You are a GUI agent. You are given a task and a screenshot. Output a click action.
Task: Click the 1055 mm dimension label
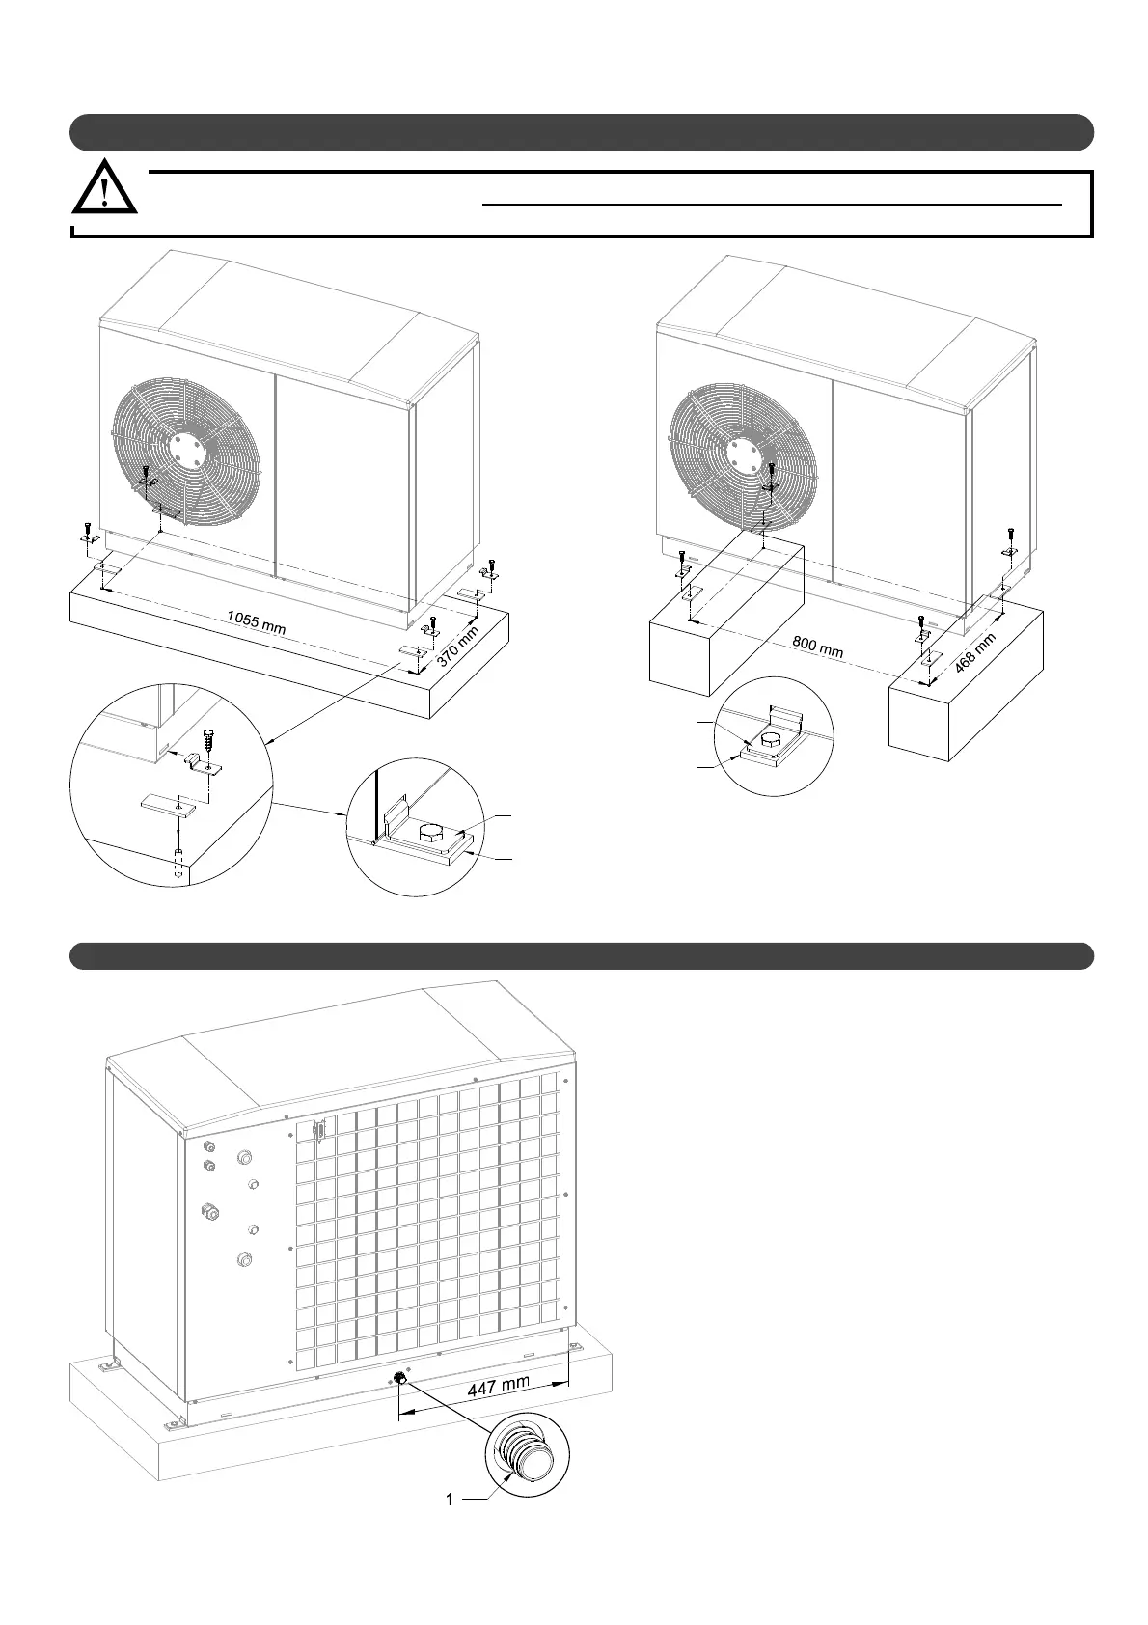(x=256, y=621)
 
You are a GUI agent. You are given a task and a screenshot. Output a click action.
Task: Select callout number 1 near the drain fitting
(x=450, y=1500)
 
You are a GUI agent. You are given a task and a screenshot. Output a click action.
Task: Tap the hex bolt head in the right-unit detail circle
(x=772, y=740)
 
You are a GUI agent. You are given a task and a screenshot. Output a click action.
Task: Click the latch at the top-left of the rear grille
(x=319, y=1129)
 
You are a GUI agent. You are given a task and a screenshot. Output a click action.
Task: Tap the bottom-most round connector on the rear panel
(x=243, y=1258)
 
